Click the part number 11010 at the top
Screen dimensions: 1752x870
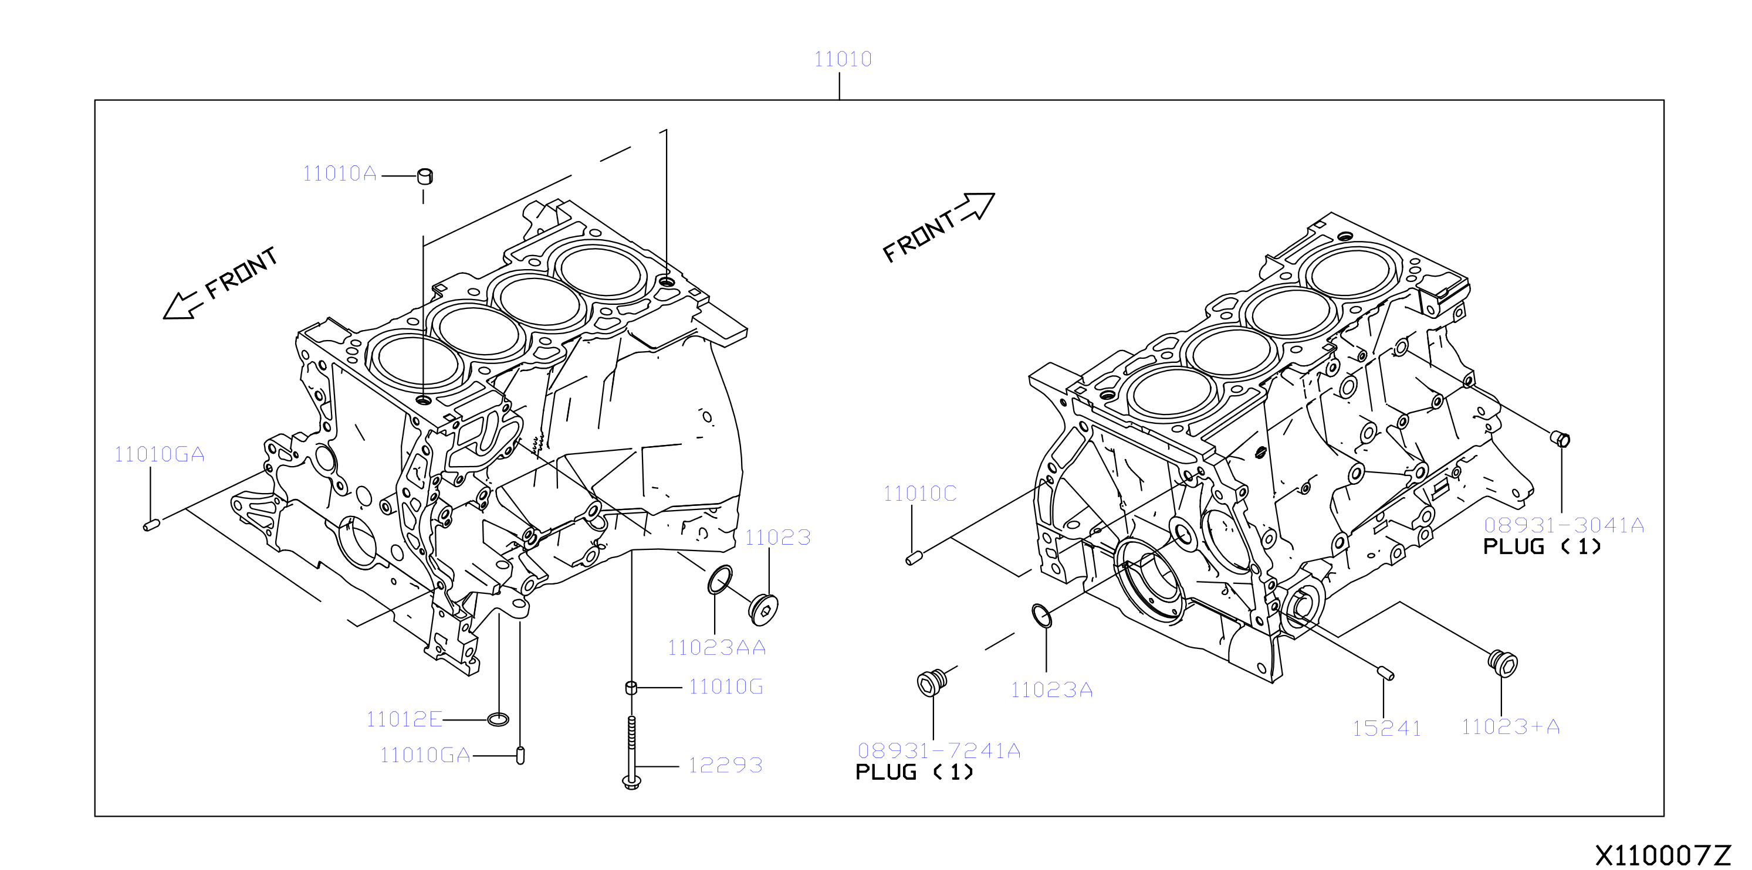click(x=843, y=59)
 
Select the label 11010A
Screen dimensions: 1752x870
click(x=339, y=174)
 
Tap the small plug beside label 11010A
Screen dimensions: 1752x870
click(x=425, y=176)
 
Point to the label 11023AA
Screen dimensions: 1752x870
click(x=716, y=648)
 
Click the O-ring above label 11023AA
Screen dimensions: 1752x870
click(x=721, y=580)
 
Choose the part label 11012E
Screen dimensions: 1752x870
click(x=404, y=719)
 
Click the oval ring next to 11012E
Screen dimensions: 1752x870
click(x=499, y=719)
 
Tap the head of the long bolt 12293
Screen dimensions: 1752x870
click(x=632, y=782)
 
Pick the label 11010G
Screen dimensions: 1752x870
click(x=726, y=687)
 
